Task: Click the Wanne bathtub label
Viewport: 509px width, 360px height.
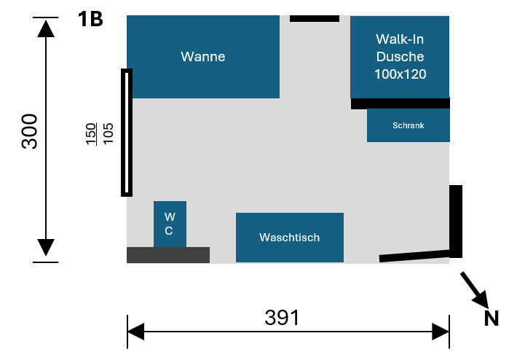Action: (203, 57)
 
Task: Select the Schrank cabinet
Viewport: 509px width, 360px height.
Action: (408, 125)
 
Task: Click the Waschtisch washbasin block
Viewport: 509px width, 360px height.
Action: (289, 237)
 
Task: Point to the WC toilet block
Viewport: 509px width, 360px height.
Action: (170, 224)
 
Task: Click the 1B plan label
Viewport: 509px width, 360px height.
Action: (90, 19)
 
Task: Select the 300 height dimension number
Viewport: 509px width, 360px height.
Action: (30, 131)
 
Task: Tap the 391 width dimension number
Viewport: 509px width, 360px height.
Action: (282, 317)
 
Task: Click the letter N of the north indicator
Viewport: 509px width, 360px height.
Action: (492, 318)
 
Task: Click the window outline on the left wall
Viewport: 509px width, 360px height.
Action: (127, 132)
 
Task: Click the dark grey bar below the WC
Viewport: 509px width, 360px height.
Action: (168, 254)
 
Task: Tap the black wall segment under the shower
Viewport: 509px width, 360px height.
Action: (400, 103)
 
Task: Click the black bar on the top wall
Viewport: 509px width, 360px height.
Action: (315, 18)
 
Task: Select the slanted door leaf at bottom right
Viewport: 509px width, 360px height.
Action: (415, 254)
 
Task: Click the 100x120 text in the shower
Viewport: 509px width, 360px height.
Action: (400, 74)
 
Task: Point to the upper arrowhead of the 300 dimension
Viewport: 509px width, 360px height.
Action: (46, 30)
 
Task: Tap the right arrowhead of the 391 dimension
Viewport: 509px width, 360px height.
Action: (441, 332)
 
